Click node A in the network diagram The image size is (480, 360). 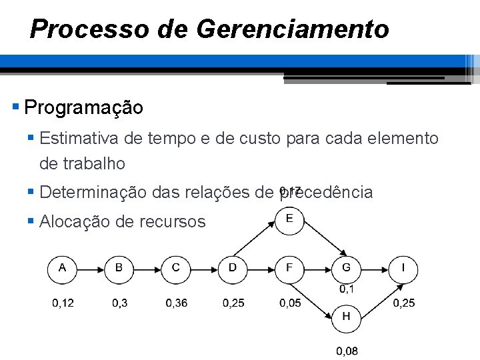(x=63, y=269)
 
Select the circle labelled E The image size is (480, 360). (x=289, y=220)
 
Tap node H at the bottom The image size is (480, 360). (x=346, y=318)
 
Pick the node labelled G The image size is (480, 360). (x=346, y=269)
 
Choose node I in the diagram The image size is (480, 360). (x=403, y=269)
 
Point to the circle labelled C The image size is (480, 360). (x=176, y=269)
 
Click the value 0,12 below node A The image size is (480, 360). (x=63, y=303)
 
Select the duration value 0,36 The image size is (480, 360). (x=177, y=303)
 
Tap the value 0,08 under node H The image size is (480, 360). (x=347, y=351)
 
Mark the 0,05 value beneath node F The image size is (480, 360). (x=290, y=303)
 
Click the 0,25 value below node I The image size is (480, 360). (x=403, y=303)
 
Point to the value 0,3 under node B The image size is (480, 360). (x=120, y=303)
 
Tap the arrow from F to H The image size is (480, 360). (x=316, y=293)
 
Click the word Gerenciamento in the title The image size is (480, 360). (x=293, y=29)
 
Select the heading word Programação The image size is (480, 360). (x=83, y=107)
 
